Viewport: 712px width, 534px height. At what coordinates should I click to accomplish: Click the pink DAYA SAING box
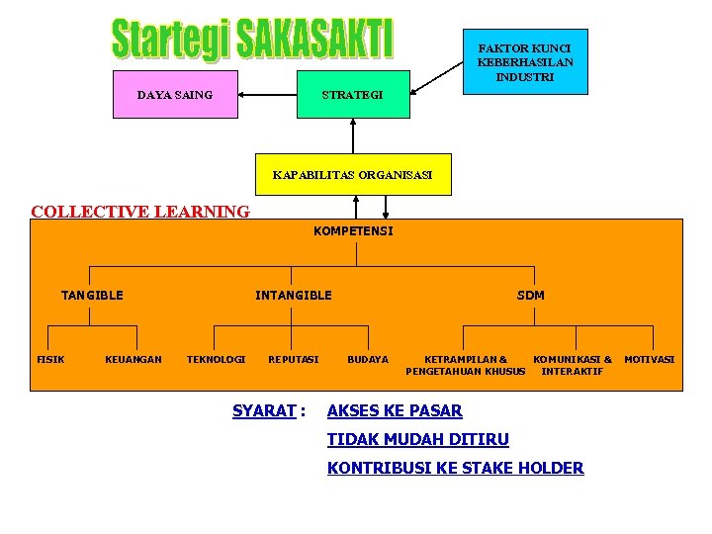(x=175, y=94)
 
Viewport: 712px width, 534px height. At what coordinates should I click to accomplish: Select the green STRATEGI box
(x=353, y=94)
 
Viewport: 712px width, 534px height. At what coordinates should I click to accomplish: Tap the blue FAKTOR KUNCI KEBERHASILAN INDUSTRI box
(x=524, y=61)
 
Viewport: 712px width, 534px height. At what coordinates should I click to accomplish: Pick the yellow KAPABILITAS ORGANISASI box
(x=352, y=175)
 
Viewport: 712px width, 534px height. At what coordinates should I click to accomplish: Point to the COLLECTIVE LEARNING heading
(x=140, y=211)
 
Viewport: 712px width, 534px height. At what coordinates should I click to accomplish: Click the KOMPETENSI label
(x=352, y=231)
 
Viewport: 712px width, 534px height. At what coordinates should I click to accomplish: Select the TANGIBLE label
(x=92, y=295)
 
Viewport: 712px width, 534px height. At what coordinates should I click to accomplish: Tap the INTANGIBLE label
(x=294, y=295)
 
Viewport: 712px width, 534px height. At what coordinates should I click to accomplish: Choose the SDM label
(x=530, y=295)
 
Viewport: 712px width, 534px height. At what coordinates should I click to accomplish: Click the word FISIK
(x=50, y=359)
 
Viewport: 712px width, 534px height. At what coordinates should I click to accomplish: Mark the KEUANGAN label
(x=133, y=359)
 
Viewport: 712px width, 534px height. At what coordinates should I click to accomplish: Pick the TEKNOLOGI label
(x=216, y=359)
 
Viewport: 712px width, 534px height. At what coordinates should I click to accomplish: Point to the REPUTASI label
(x=294, y=359)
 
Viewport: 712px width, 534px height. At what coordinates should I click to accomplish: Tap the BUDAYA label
(x=368, y=359)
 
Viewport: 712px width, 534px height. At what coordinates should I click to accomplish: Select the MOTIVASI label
(x=650, y=359)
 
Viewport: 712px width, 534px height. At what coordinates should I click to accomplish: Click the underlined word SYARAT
(x=264, y=410)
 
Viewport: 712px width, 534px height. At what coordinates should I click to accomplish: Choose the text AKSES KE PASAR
(x=395, y=410)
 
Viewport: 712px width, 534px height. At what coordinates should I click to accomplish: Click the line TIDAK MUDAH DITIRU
(x=418, y=439)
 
